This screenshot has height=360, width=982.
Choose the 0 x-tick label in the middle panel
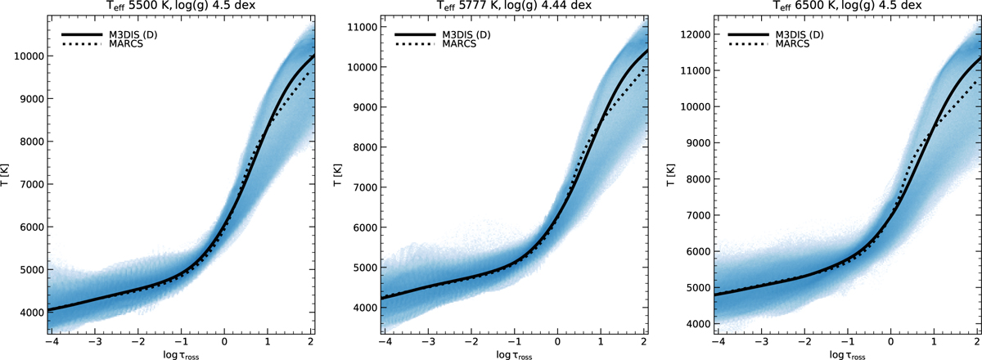pyautogui.click(x=557, y=342)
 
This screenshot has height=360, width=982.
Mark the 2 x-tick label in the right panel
pyautogui.click(x=976, y=342)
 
